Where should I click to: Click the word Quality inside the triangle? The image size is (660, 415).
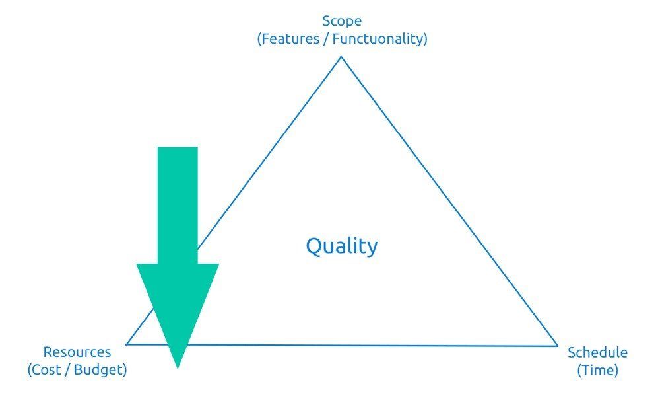[x=341, y=246]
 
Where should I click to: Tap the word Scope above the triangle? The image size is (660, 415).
[x=342, y=21]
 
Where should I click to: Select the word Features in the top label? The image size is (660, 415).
[x=288, y=38]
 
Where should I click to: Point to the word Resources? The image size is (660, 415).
[x=77, y=352]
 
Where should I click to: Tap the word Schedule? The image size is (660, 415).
[x=597, y=352]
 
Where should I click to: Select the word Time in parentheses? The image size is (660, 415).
[x=597, y=370]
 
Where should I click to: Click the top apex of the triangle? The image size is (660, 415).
[x=341, y=57]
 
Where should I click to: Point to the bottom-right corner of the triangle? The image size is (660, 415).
[x=558, y=346]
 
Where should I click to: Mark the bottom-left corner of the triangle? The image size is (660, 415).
[x=127, y=344]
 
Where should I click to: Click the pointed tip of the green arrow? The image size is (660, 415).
[x=178, y=367]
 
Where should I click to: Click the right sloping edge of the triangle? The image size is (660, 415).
[x=449, y=201]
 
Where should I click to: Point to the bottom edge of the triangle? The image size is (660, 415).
[x=370, y=345]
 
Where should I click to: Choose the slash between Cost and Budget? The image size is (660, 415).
[x=67, y=370]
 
